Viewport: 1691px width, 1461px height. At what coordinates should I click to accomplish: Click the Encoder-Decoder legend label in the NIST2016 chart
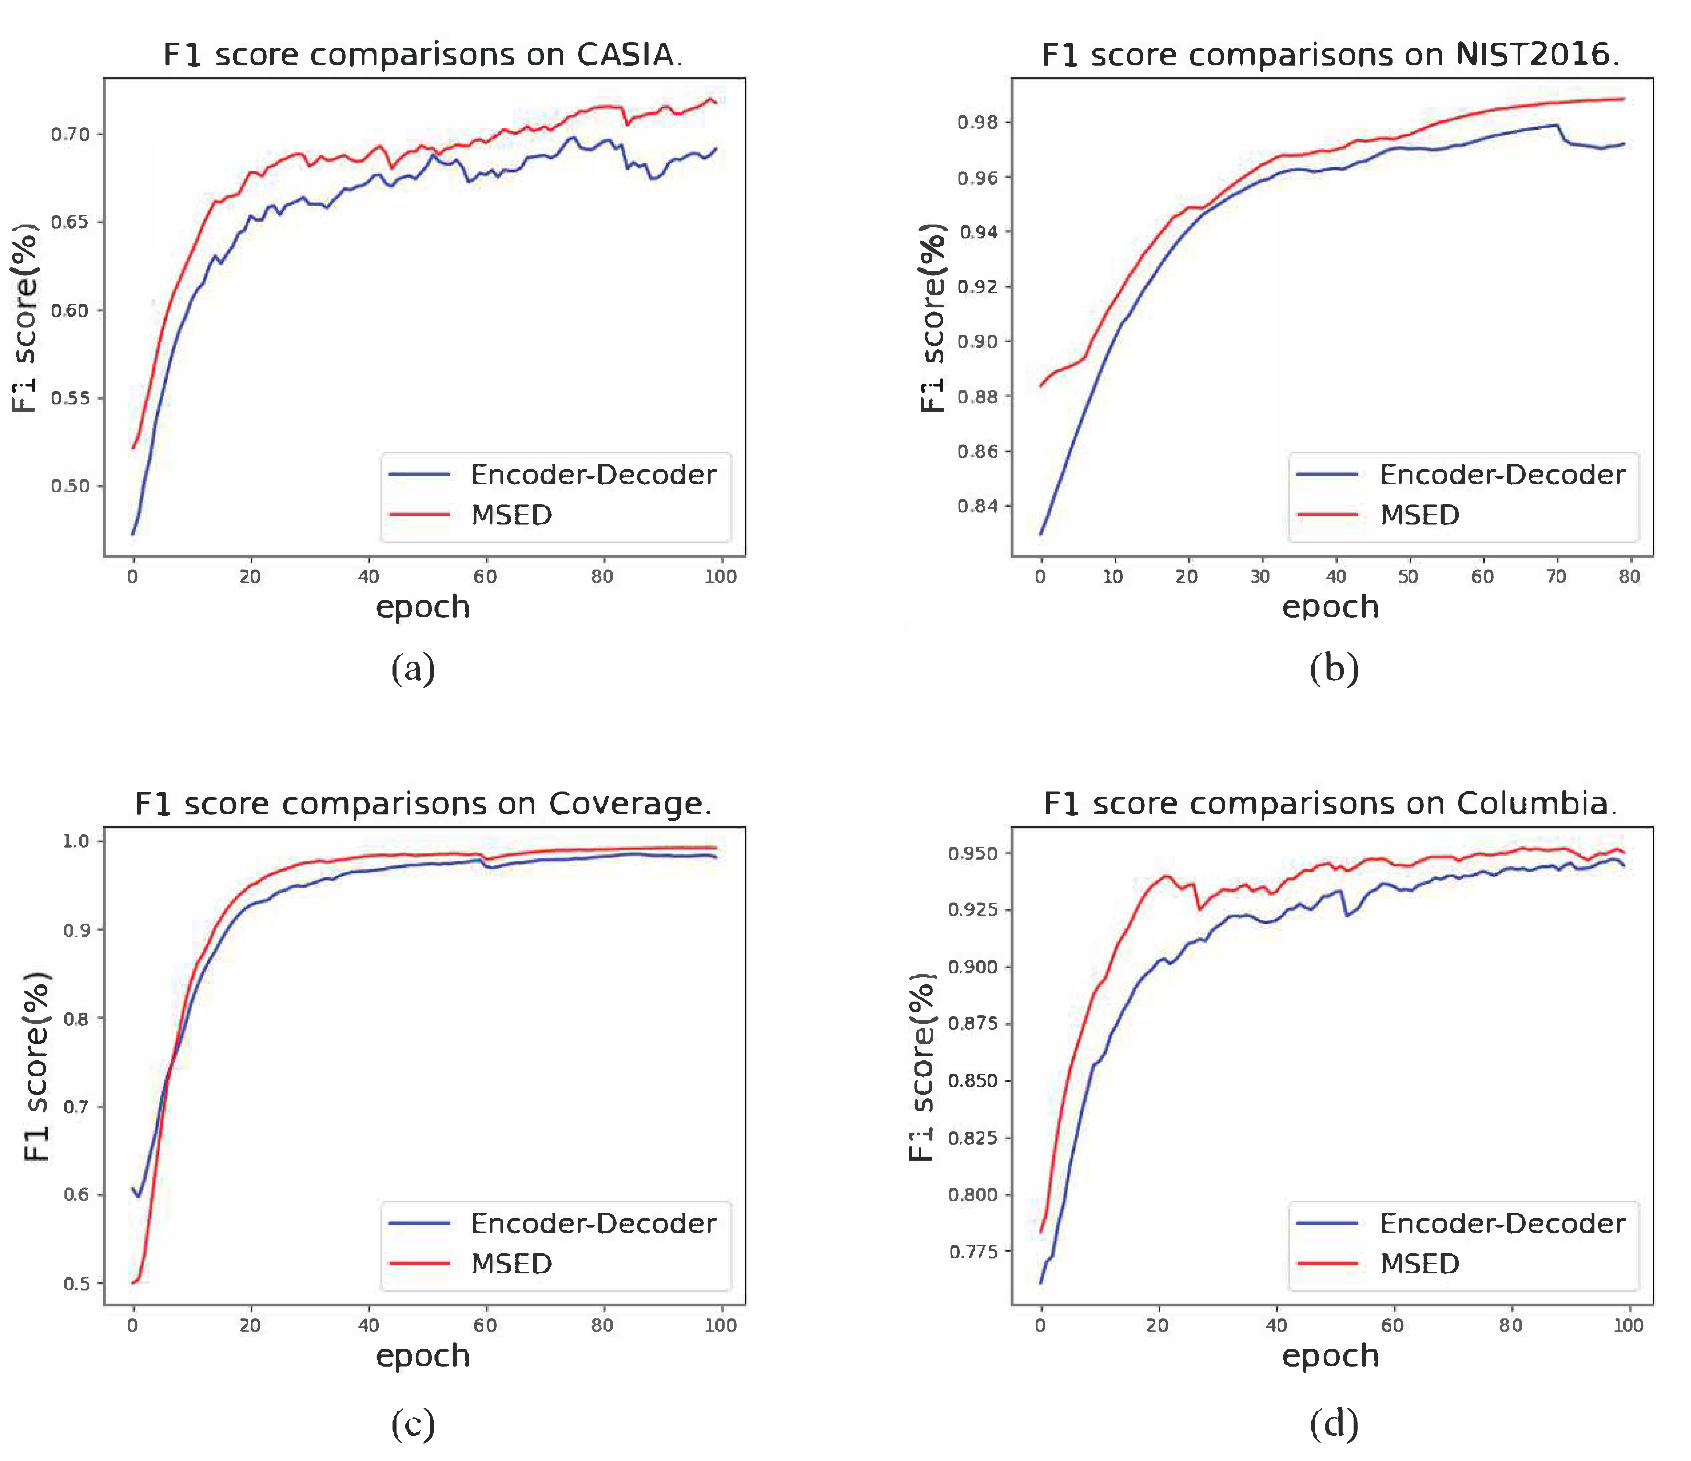pos(1502,475)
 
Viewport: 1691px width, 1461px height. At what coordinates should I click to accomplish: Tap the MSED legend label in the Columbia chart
pos(1419,1264)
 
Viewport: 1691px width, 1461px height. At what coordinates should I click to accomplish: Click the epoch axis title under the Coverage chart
pos(423,1356)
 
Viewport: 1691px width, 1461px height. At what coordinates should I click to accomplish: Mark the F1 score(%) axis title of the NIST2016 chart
pos(932,318)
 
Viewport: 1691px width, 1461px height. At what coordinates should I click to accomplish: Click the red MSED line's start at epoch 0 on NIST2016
pos(1040,385)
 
